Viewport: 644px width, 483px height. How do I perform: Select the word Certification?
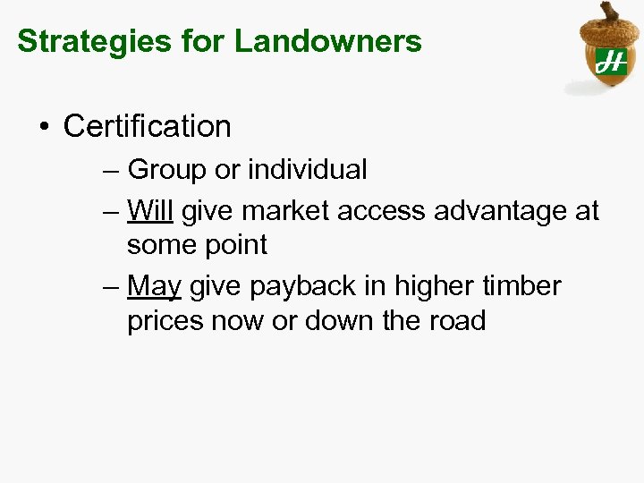pos(148,126)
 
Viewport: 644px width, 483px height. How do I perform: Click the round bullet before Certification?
pos(44,127)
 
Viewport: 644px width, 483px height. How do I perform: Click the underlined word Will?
pos(150,211)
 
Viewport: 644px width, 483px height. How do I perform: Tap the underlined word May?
pos(154,286)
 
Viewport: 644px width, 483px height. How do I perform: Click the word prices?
pos(165,320)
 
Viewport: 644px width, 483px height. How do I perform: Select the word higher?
pos(439,286)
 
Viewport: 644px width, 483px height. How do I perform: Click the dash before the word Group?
pos(110,170)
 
